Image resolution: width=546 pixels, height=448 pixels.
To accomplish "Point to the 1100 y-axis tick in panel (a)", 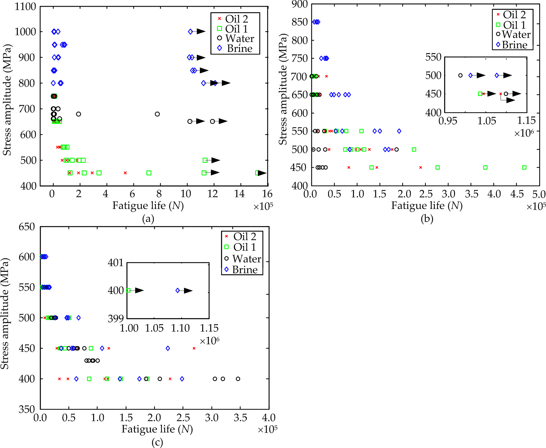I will coord(25,7).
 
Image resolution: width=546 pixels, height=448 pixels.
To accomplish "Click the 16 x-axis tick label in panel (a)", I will coord(267,194).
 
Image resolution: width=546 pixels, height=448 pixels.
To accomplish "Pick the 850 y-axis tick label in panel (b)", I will coord(300,22).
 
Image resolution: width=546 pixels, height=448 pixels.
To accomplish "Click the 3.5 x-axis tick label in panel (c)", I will coord(240,418).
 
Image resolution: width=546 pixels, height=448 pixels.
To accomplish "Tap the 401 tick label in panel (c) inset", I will coord(116,263).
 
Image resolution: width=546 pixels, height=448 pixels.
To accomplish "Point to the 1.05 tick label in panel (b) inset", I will coord(487,121).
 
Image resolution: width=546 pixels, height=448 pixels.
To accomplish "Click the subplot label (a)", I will coord(148,219).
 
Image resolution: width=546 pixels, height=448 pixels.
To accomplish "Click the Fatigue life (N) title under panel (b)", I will coord(427,206).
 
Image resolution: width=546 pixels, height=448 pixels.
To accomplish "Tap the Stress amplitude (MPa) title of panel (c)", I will coord(5,313).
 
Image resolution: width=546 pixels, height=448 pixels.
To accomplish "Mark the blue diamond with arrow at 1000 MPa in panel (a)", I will coord(190,32).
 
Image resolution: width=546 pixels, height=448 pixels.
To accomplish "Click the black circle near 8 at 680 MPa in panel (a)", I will coord(157,114).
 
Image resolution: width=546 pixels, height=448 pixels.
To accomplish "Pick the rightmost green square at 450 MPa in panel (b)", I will coord(524,167).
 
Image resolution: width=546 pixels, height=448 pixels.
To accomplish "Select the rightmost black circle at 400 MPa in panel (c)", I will coord(238,379).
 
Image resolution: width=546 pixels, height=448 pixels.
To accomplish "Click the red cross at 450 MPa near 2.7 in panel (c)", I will coord(194,348).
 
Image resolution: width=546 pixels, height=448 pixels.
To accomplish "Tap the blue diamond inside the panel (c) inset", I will coord(178,290).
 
